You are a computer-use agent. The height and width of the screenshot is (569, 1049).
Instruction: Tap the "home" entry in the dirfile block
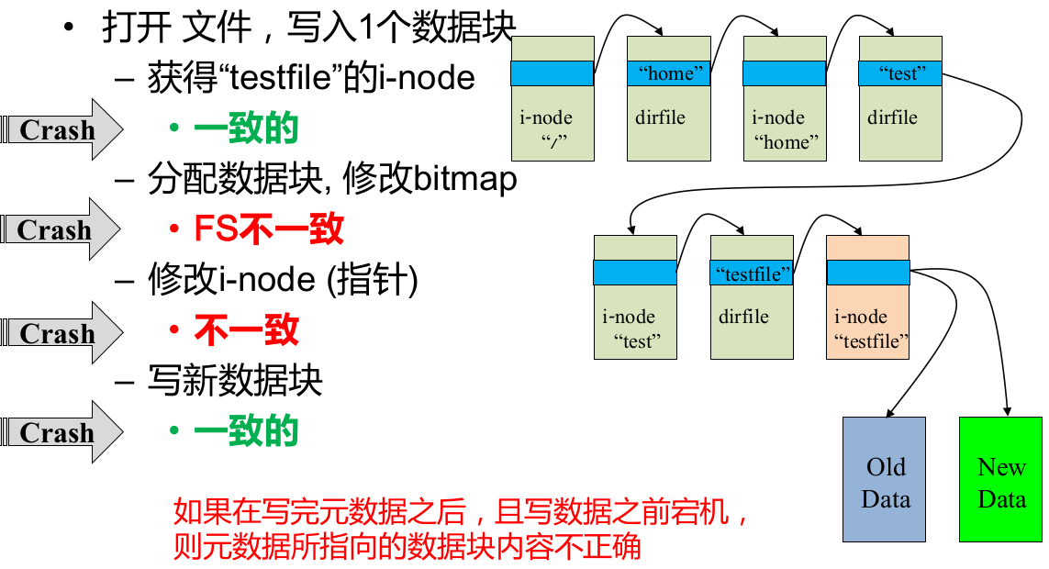pos(669,74)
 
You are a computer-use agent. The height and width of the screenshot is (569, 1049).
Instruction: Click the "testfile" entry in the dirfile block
pos(753,273)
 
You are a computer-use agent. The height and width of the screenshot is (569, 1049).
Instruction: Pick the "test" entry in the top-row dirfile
pos(900,74)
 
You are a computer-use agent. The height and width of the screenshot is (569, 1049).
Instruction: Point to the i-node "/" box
pos(552,128)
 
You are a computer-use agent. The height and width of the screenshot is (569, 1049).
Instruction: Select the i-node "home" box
pos(785,128)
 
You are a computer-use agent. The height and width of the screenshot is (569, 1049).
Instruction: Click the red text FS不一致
pos(268,229)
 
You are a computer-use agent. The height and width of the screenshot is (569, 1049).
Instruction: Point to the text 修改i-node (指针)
pos(283,280)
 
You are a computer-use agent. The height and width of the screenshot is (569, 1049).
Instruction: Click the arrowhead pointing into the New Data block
pos(1009,410)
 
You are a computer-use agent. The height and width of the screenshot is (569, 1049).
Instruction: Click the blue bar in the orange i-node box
pos(867,273)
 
